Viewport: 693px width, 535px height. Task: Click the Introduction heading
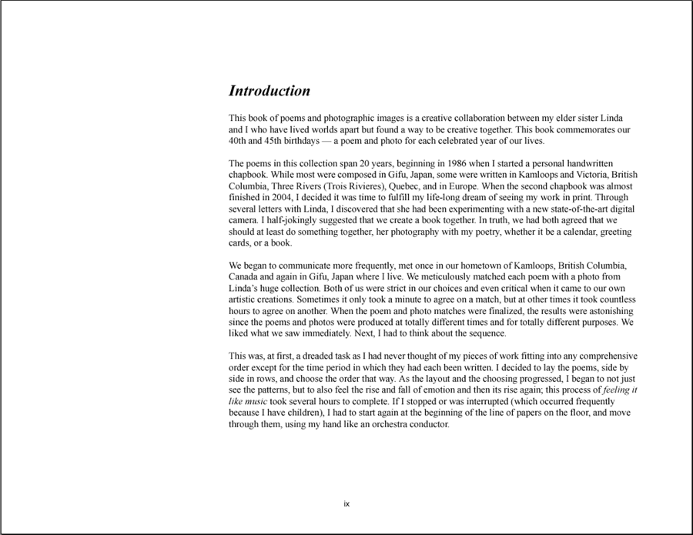(269, 91)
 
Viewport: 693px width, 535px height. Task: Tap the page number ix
(346, 504)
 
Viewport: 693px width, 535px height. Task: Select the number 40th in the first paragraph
(239, 141)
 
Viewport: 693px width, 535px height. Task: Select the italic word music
(255, 401)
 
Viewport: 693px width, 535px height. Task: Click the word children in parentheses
(300, 413)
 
